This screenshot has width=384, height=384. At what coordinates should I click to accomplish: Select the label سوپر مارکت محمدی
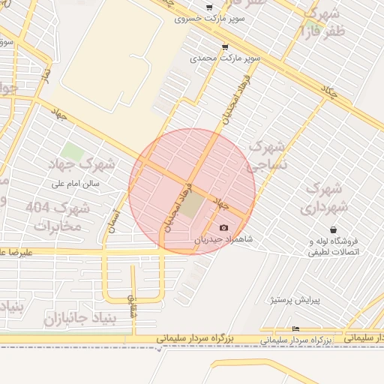point(225,57)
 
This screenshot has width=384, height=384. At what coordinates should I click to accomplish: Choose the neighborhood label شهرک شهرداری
point(324,197)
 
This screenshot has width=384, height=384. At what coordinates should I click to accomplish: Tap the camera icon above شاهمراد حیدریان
point(223,227)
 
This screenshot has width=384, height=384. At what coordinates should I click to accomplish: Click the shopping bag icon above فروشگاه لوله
point(332,229)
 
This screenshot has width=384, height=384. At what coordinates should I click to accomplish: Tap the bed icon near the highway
point(295,328)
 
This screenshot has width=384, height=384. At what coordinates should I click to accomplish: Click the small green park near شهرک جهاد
point(73,151)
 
